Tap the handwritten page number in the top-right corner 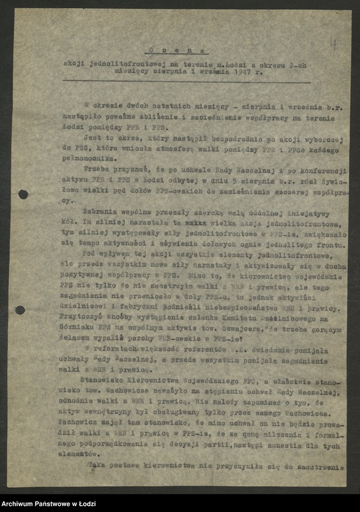(x=333, y=43)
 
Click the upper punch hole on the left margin (x=23, y=194)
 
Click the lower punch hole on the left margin (x=21, y=310)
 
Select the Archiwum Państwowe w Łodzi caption (x=46, y=503)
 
